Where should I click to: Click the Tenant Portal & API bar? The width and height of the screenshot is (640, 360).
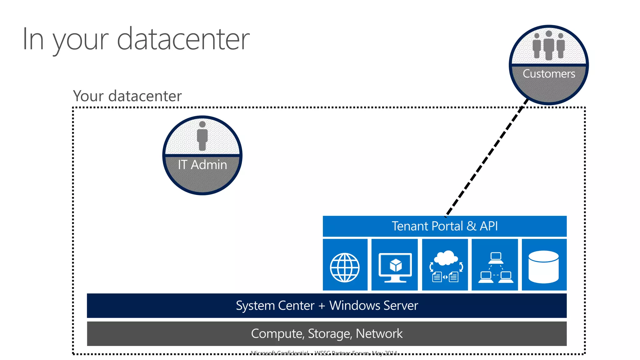pos(444,226)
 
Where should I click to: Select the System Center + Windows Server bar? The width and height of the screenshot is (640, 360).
pos(327,306)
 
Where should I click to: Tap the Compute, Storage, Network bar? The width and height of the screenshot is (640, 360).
pos(327,333)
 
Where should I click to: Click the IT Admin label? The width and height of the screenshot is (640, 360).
pos(202,165)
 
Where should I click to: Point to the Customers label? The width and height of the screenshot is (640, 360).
pos(549,74)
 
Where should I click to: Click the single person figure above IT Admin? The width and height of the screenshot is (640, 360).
pos(202,136)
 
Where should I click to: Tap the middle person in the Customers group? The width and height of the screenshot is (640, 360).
pos(549,45)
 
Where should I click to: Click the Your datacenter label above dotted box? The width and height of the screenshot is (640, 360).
pos(127,96)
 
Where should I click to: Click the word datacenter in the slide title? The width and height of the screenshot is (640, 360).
pos(183,39)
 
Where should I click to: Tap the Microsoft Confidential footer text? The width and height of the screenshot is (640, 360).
pos(324,353)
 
